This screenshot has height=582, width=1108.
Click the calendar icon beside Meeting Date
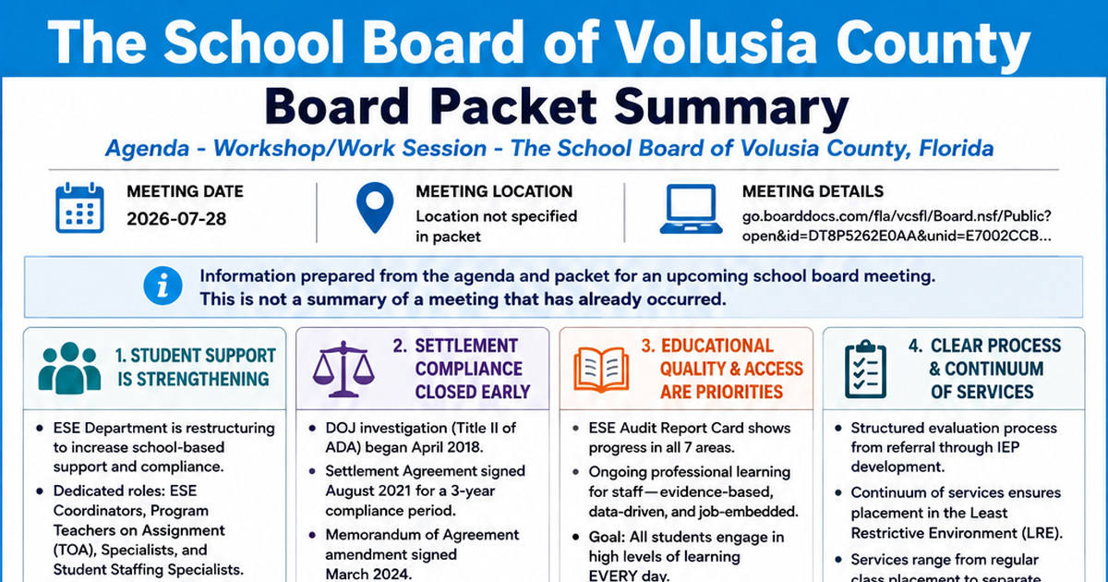79,208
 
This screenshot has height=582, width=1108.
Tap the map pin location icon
375,207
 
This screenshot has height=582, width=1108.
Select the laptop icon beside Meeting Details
691,209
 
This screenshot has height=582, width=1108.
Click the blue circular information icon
163,285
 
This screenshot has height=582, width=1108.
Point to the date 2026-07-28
176,219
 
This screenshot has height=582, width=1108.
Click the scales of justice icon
343,369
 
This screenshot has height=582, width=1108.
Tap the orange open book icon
601,370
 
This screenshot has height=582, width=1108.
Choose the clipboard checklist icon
866,369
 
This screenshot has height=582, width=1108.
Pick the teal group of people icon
70,368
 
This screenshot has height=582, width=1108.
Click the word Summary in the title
731,108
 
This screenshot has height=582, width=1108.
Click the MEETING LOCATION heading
494,191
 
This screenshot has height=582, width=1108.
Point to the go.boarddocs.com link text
897,226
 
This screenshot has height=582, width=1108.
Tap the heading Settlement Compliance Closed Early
473,369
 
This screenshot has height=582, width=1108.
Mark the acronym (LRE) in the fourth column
1040,533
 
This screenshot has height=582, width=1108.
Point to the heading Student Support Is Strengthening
196,368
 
